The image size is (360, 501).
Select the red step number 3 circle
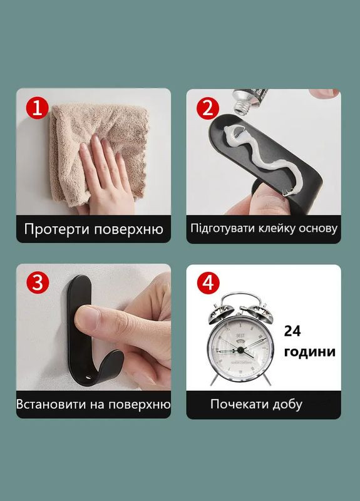(38, 283)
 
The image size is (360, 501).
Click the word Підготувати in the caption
(223, 229)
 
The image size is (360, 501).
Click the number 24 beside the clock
(292, 331)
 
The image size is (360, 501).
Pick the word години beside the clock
(309, 351)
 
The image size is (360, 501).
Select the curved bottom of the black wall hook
(94, 373)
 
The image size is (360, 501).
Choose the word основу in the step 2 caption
(318, 229)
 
